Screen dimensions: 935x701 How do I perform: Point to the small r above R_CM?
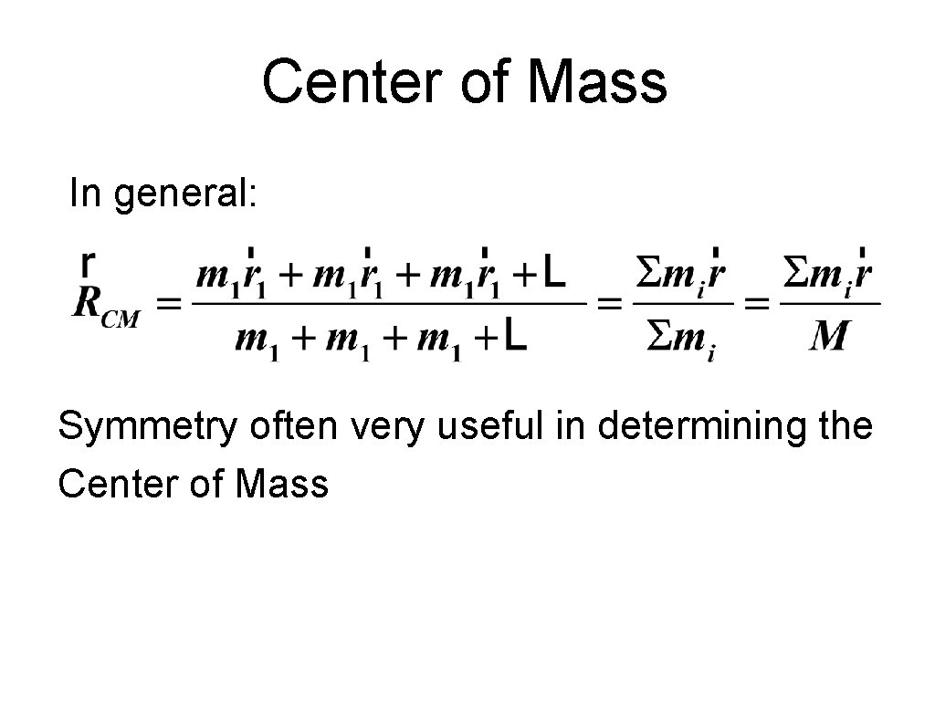click(86, 262)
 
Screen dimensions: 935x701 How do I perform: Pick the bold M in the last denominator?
click(829, 339)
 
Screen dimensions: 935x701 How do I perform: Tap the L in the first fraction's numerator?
click(559, 271)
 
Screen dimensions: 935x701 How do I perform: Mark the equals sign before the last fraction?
click(757, 303)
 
